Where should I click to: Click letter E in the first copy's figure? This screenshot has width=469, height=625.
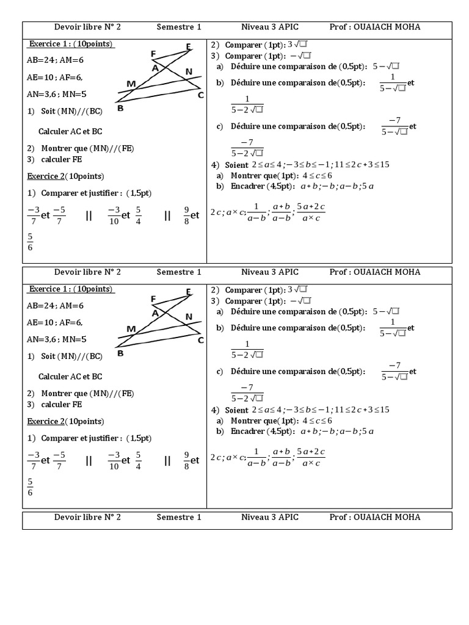(188, 46)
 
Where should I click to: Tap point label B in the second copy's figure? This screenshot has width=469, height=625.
(120, 353)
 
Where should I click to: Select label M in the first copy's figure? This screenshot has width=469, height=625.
(131, 84)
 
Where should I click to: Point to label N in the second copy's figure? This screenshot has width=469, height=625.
(189, 316)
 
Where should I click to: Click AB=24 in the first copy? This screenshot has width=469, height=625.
(40, 61)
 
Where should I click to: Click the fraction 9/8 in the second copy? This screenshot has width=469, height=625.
(186, 460)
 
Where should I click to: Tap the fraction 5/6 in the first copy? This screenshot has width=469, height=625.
(31, 242)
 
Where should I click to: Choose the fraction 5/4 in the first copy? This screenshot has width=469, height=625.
(138, 215)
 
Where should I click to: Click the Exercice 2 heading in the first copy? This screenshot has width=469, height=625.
(65, 176)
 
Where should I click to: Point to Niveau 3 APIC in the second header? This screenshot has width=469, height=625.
(270, 272)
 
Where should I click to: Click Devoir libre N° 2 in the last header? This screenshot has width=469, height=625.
(87, 517)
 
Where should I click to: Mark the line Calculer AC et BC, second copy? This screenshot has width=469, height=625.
(70, 377)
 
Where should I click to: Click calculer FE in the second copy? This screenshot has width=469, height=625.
(62, 404)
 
